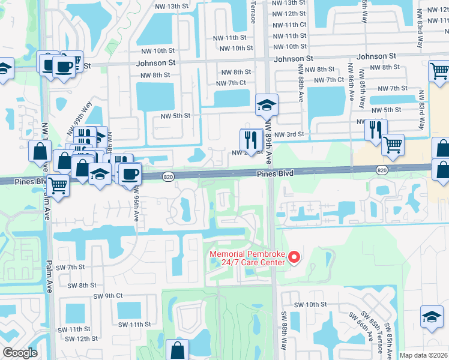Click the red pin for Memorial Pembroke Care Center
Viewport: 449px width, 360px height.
click(x=294, y=258)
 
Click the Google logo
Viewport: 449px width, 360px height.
click(x=20, y=353)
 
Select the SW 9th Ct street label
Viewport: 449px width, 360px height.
click(x=108, y=296)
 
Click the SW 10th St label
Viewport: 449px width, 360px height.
click(x=310, y=304)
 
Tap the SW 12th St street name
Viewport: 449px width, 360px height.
click(x=83, y=338)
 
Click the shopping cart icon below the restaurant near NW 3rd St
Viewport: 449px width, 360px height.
click(x=393, y=145)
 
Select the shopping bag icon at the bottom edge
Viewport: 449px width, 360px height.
click(x=178, y=350)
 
